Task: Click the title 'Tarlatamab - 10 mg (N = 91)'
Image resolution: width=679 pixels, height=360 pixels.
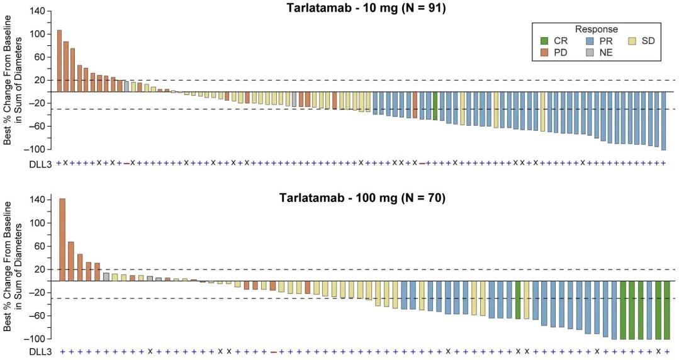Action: [x=362, y=8]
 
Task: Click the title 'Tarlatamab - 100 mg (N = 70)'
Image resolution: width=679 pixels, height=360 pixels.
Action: [x=362, y=198]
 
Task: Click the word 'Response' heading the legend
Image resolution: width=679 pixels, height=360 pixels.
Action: [x=596, y=29]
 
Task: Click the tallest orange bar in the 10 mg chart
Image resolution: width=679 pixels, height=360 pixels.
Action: [x=59, y=60]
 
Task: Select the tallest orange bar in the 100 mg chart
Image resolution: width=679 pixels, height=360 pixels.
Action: [x=62, y=239]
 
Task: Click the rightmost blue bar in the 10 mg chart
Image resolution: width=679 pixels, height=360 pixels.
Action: [x=663, y=120]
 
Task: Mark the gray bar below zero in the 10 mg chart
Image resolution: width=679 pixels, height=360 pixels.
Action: [x=294, y=99]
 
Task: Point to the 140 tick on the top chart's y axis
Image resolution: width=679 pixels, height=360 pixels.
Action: [x=39, y=11]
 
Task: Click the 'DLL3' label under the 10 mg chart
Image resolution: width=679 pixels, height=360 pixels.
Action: [x=42, y=163]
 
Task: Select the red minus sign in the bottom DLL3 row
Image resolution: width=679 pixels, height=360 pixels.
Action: [x=273, y=352]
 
